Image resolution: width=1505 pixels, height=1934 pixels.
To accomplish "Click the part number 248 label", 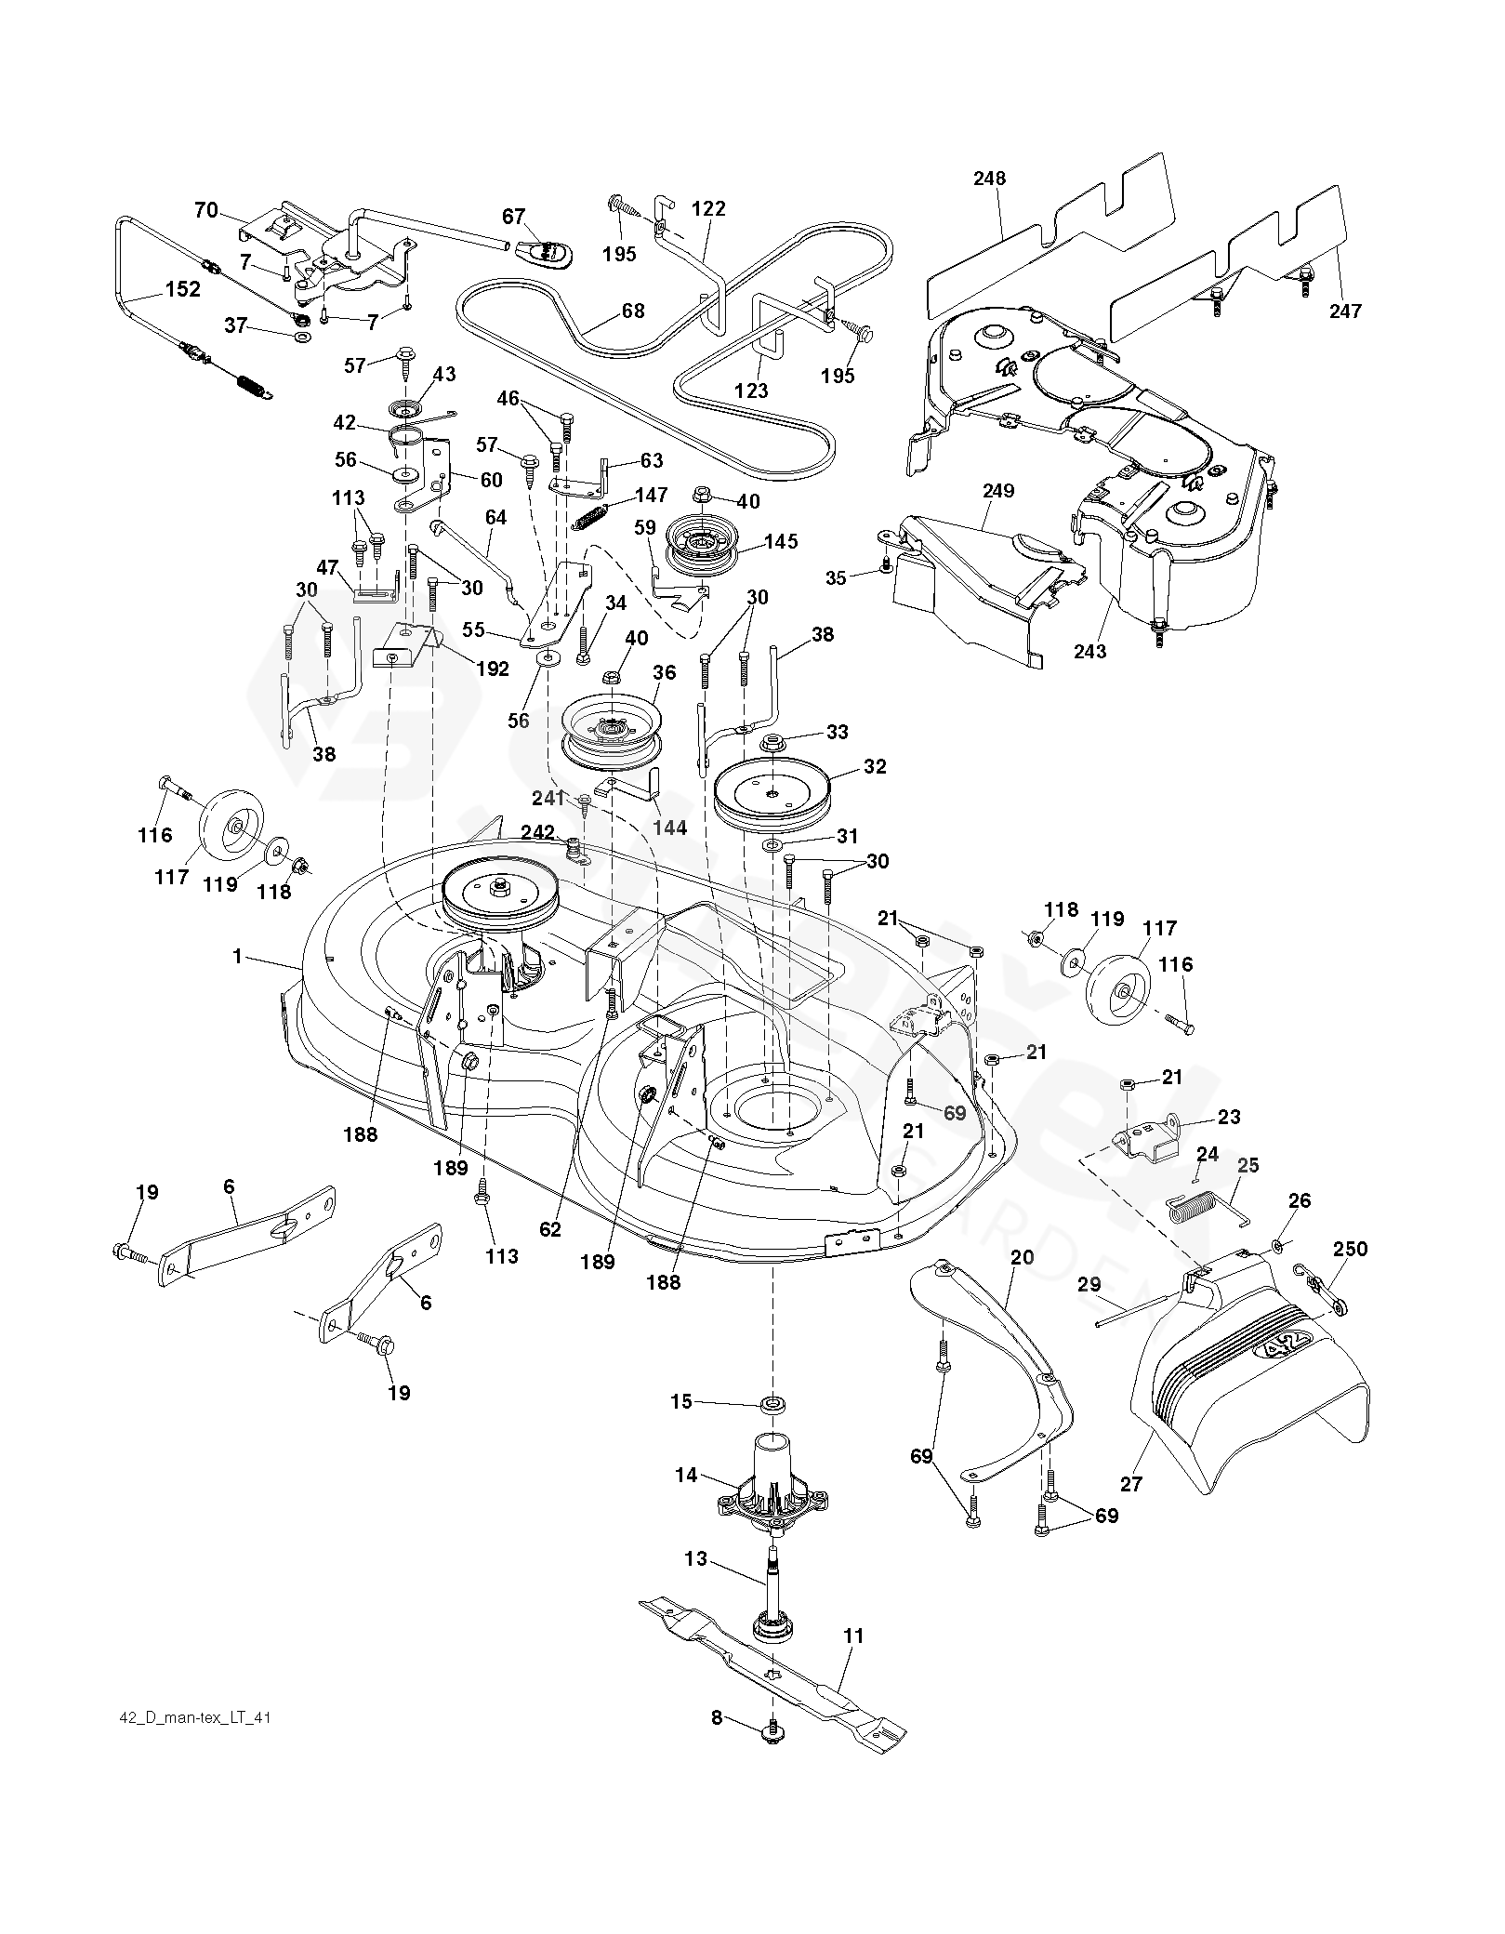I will [x=990, y=179].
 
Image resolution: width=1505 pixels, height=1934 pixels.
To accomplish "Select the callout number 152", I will [x=182, y=289].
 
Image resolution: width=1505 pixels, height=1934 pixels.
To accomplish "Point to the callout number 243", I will [x=1089, y=651].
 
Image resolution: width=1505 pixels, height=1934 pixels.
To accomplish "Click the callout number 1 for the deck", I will [x=237, y=955].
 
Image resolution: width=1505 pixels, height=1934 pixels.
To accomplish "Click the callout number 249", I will [x=997, y=491].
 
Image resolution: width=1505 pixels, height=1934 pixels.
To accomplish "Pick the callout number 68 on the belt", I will [x=633, y=311].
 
